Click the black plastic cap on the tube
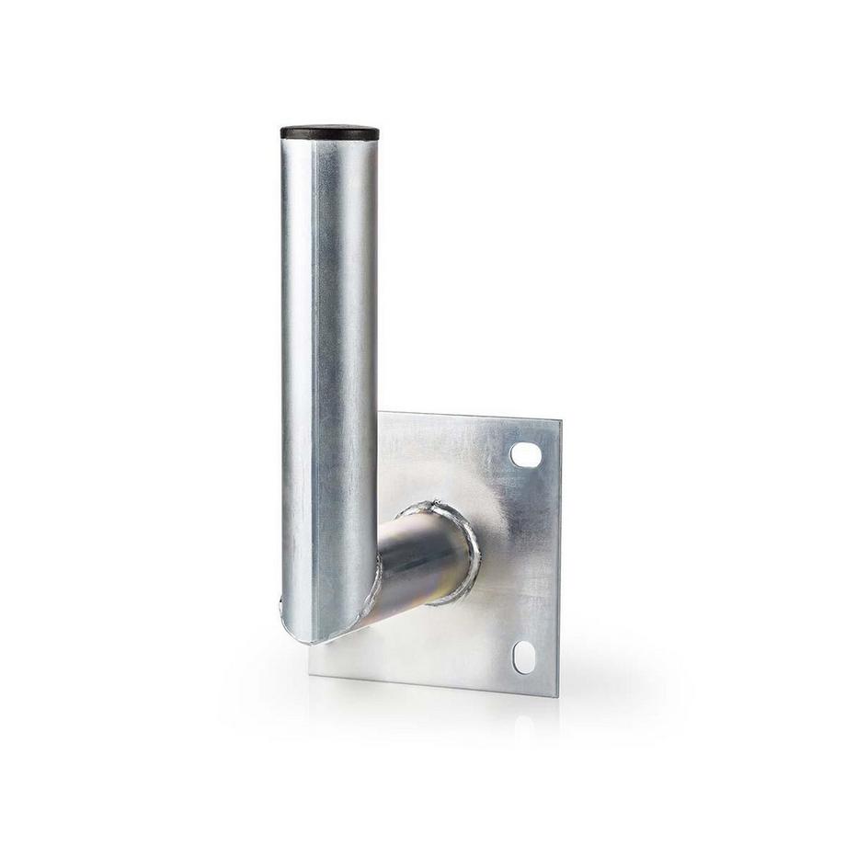point(329,131)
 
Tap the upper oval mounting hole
point(526,454)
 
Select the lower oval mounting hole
point(523,657)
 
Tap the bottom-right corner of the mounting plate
point(554,695)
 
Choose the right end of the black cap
point(379,132)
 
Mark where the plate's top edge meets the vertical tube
point(377,413)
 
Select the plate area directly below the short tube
point(441,644)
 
